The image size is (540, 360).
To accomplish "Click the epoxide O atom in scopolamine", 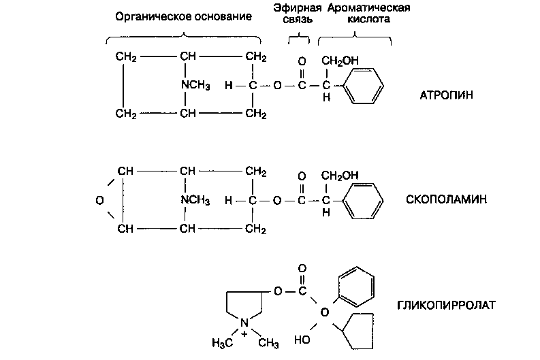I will click(99, 201).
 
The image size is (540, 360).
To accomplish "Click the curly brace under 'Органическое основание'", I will click(184, 37).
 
